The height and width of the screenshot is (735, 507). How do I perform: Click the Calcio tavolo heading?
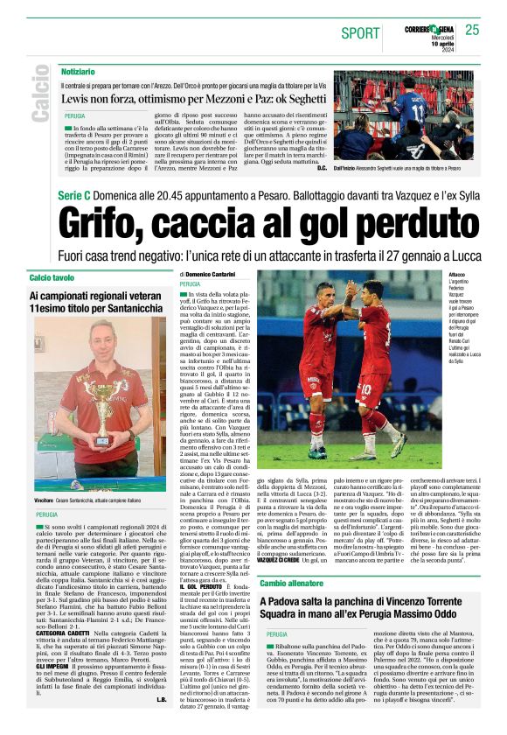click(x=53, y=277)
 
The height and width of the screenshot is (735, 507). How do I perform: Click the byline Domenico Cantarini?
click(x=214, y=275)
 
